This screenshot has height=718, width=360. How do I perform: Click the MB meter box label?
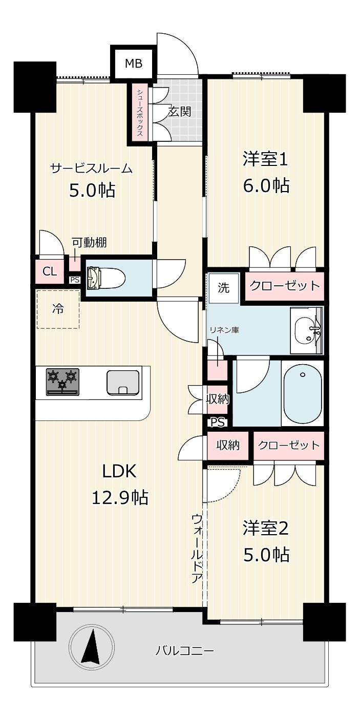coord(133,64)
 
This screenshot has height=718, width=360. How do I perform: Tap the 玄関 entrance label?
coord(180,112)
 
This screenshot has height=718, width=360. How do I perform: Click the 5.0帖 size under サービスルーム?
coord(92,191)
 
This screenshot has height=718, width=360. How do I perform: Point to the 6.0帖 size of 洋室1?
coord(266,185)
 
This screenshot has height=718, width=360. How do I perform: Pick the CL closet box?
coord(50,272)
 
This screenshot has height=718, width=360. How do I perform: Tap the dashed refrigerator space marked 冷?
coord(58,309)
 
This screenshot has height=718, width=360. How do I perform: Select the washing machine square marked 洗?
coord(224,288)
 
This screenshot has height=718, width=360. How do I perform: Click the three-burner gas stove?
coord(62,382)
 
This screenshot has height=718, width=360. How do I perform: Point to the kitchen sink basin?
coord(123,383)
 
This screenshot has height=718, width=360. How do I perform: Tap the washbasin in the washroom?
coord(307,330)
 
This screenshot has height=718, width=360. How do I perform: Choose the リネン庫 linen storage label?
coord(224,330)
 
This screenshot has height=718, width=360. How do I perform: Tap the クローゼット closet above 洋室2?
coord(288,445)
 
